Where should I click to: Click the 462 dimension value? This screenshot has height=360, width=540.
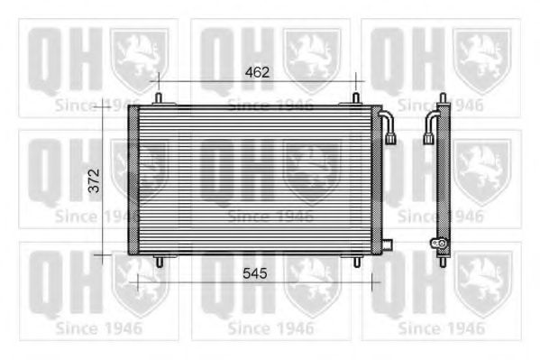click(x=258, y=71)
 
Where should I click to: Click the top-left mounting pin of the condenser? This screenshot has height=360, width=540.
click(x=159, y=97)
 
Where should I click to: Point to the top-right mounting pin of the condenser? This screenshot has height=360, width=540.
click(x=355, y=97)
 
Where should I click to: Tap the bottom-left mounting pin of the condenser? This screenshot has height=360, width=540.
click(x=159, y=262)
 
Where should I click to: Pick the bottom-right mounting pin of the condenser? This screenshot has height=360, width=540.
click(x=356, y=262)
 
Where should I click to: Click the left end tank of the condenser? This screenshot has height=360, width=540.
click(x=133, y=180)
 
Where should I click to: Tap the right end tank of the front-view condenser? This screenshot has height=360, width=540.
click(x=376, y=180)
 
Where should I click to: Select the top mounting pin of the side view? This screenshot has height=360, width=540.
click(x=443, y=97)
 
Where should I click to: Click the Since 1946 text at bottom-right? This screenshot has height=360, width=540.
click(x=441, y=328)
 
